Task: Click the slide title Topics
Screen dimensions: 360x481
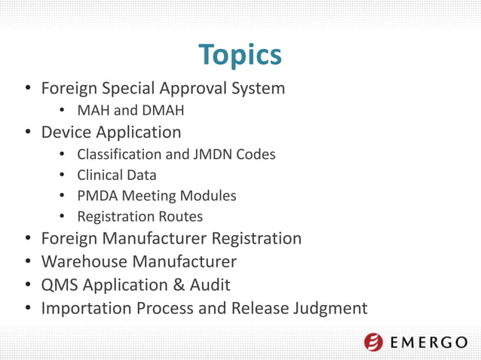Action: [240, 54]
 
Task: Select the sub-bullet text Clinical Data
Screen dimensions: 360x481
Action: [116, 175]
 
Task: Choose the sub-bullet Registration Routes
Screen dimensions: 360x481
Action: [139, 217]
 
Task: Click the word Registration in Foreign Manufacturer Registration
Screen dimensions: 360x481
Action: [254, 239]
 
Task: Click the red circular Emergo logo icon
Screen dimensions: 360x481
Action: [373, 342]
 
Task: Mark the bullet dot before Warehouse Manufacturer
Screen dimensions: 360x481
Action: [27, 263]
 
